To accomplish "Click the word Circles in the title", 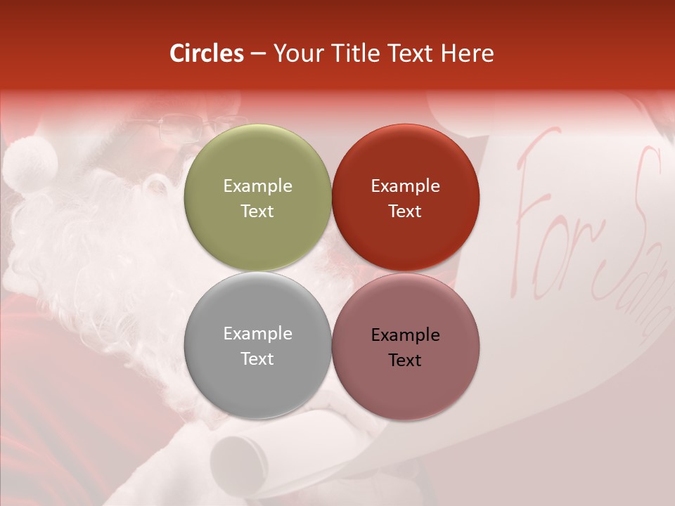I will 207,53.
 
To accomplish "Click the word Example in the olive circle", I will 257,186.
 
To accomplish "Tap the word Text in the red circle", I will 405,211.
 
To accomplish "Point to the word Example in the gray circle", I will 257,334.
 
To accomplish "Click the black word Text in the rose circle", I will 405,360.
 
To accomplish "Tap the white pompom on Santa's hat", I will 30,164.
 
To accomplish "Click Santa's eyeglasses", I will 179,128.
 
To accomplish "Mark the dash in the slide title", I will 258,54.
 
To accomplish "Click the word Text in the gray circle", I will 257,358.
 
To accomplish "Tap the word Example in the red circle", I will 405,186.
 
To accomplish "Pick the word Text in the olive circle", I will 257,211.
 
